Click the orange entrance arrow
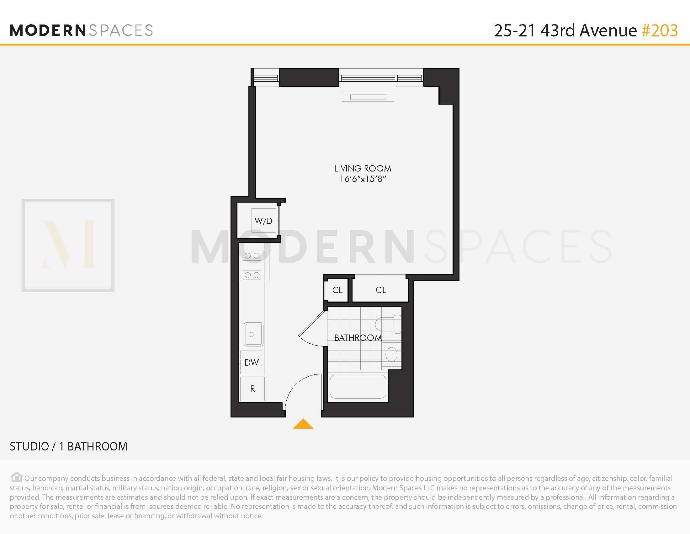[x=303, y=424]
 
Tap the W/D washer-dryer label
[x=263, y=221]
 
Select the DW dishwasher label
[x=252, y=362]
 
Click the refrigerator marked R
[x=253, y=389]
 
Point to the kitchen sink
[x=253, y=334]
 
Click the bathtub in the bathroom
[x=358, y=387]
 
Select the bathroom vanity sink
[x=391, y=354]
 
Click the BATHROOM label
[x=358, y=338]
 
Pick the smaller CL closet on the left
[x=337, y=290]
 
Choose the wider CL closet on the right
[x=381, y=290]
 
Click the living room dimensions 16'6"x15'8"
[x=363, y=179]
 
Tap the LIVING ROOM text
[x=363, y=169]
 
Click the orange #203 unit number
[x=660, y=31]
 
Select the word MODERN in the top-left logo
[x=48, y=31]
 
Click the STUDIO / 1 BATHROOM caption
[x=69, y=446]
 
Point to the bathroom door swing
[x=311, y=330]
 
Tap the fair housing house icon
[x=16, y=477]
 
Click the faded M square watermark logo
[x=68, y=245]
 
